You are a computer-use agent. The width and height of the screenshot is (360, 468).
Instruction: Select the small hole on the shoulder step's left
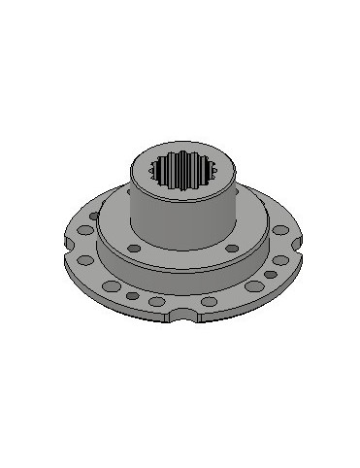[x=135, y=249]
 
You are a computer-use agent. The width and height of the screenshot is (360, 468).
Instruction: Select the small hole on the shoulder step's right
[x=231, y=249]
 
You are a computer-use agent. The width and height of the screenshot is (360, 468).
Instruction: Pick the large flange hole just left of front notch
[x=156, y=302]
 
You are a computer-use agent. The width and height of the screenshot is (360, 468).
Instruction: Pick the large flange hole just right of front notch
[x=208, y=302]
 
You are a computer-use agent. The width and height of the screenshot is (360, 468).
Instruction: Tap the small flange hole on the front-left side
[x=132, y=293]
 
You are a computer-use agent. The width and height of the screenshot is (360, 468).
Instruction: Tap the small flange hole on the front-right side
[x=234, y=293]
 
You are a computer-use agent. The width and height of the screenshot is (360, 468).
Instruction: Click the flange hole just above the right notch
[x=280, y=229]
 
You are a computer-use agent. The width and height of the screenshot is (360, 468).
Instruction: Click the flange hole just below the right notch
[x=279, y=260]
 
